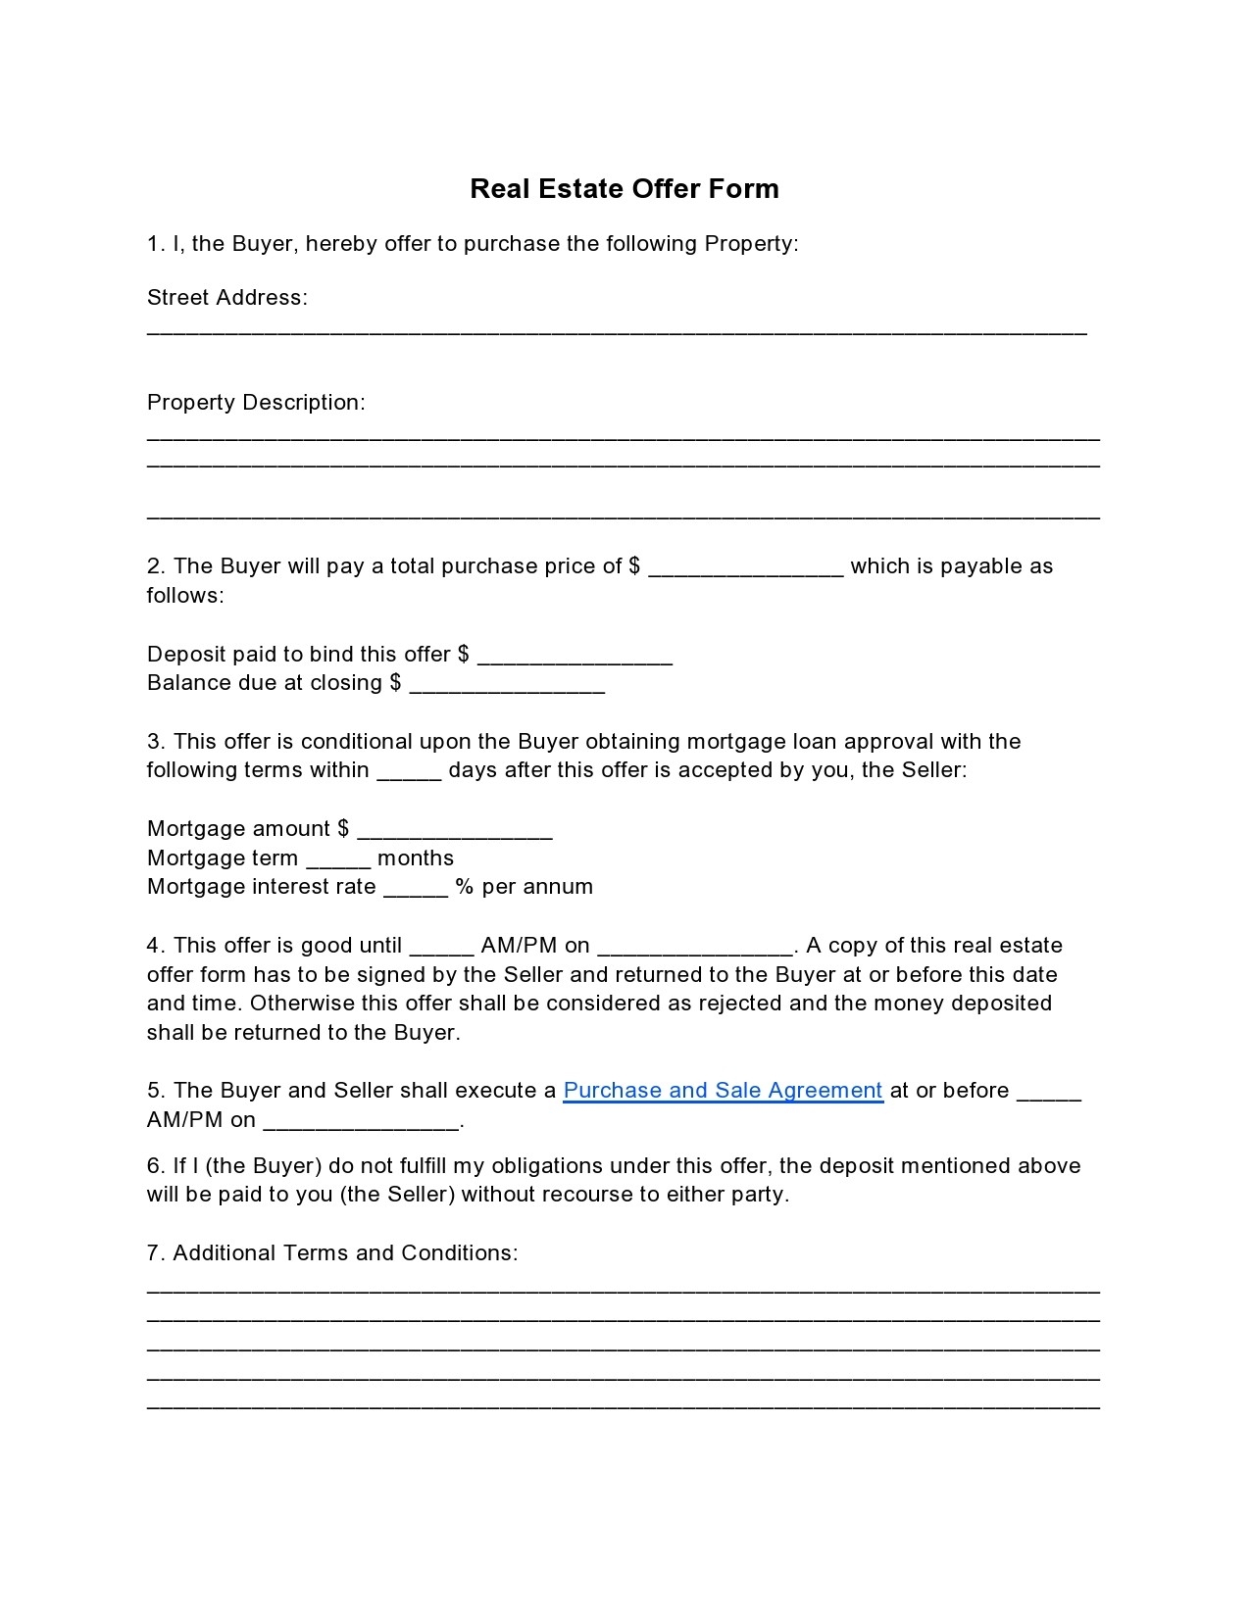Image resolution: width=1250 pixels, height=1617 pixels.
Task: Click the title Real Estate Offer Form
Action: (x=624, y=188)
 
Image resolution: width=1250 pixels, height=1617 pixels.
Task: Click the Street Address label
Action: (x=226, y=298)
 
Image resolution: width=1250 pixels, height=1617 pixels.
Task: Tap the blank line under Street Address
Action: (x=617, y=331)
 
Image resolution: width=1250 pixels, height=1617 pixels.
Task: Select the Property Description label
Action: (x=256, y=403)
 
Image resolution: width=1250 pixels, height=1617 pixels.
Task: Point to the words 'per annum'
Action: (x=537, y=887)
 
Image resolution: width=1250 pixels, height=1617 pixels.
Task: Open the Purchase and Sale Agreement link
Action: (x=723, y=1091)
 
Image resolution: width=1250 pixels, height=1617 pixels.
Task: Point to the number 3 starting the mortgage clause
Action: (x=154, y=742)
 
